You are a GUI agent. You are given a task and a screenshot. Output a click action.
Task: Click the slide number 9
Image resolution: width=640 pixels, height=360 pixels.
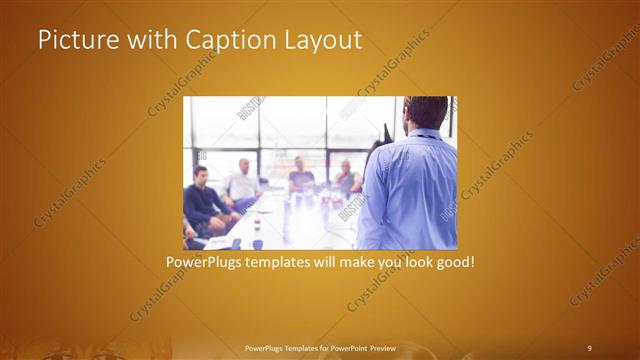click(x=589, y=347)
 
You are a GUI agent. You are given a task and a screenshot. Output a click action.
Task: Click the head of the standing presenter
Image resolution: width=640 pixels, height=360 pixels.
click(x=426, y=112)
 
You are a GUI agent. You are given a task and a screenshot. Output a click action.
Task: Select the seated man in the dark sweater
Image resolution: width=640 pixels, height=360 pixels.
click(x=202, y=200)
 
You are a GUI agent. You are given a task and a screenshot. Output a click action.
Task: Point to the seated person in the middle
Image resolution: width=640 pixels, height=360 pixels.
click(x=301, y=178)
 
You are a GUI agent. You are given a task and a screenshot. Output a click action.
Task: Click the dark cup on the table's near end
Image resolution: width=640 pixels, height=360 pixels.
click(x=257, y=243)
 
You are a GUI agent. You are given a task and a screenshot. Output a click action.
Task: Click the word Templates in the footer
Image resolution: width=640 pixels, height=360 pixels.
click(x=299, y=347)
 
